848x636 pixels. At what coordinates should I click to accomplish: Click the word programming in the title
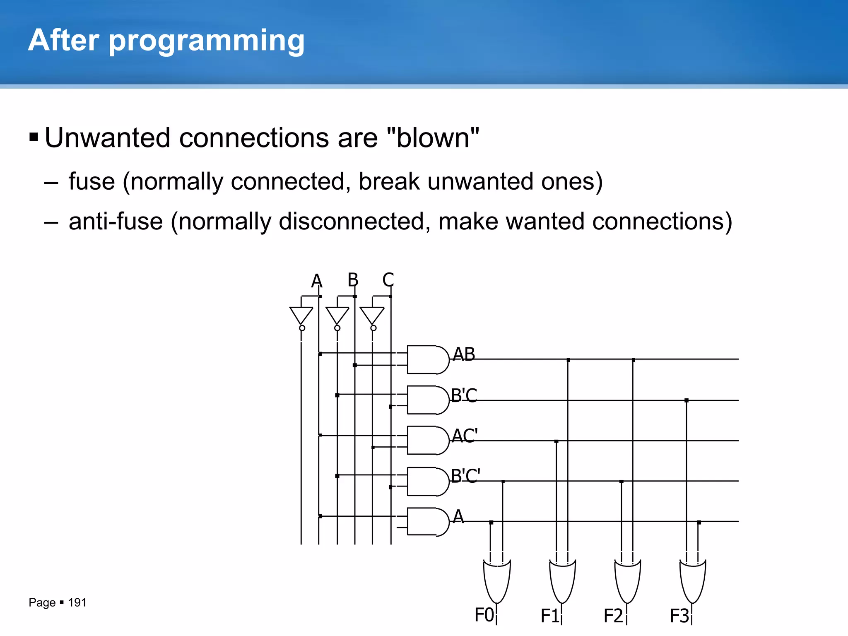[x=206, y=41]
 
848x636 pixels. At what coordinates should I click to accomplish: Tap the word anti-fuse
[x=116, y=221]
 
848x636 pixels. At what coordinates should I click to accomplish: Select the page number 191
[x=77, y=602]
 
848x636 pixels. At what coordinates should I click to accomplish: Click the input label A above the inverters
[x=317, y=281]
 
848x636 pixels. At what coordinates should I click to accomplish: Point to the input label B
[x=353, y=280]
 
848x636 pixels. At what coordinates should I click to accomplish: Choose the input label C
[x=388, y=280]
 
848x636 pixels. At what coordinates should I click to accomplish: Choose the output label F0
[x=484, y=615]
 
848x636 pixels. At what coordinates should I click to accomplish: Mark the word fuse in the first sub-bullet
[x=92, y=181]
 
